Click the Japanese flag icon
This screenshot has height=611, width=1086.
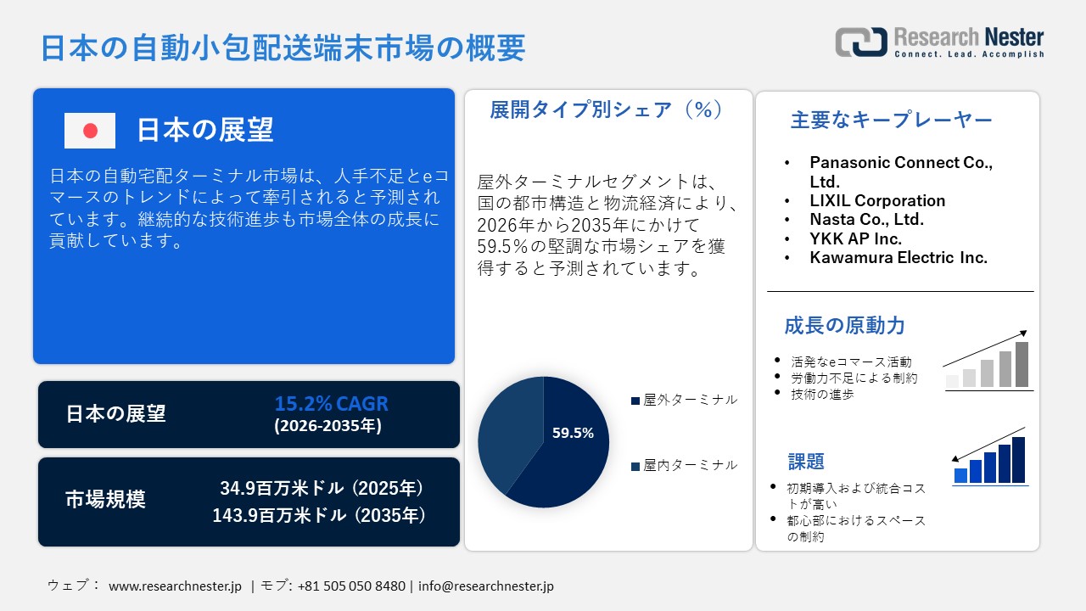(x=90, y=131)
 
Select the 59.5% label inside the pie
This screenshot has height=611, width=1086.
(x=573, y=433)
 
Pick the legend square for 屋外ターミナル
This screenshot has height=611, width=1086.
(x=635, y=401)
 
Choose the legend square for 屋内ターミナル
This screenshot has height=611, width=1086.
(x=635, y=466)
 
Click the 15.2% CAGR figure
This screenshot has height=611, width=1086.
(x=331, y=404)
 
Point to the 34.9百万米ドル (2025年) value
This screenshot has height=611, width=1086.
(x=322, y=489)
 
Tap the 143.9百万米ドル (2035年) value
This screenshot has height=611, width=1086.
(x=318, y=515)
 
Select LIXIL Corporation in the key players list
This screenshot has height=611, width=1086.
(x=877, y=201)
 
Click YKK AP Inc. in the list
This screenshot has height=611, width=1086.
(x=854, y=238)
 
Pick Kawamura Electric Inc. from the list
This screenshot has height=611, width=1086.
(x=898, y=257)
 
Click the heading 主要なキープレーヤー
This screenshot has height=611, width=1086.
(x=891, y=121)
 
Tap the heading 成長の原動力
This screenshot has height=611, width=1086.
(x=844, y=325)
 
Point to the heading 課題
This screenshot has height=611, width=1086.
(x=806, y=462)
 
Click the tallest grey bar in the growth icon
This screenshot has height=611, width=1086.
(x=1022, y=365)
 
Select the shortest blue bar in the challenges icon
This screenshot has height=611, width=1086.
(x=960, y=475)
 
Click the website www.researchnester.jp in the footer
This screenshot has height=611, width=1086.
(x=176, y=586)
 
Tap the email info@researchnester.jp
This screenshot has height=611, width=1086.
(x=486, y=586)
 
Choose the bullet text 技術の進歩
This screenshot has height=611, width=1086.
(x=822, y=395)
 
